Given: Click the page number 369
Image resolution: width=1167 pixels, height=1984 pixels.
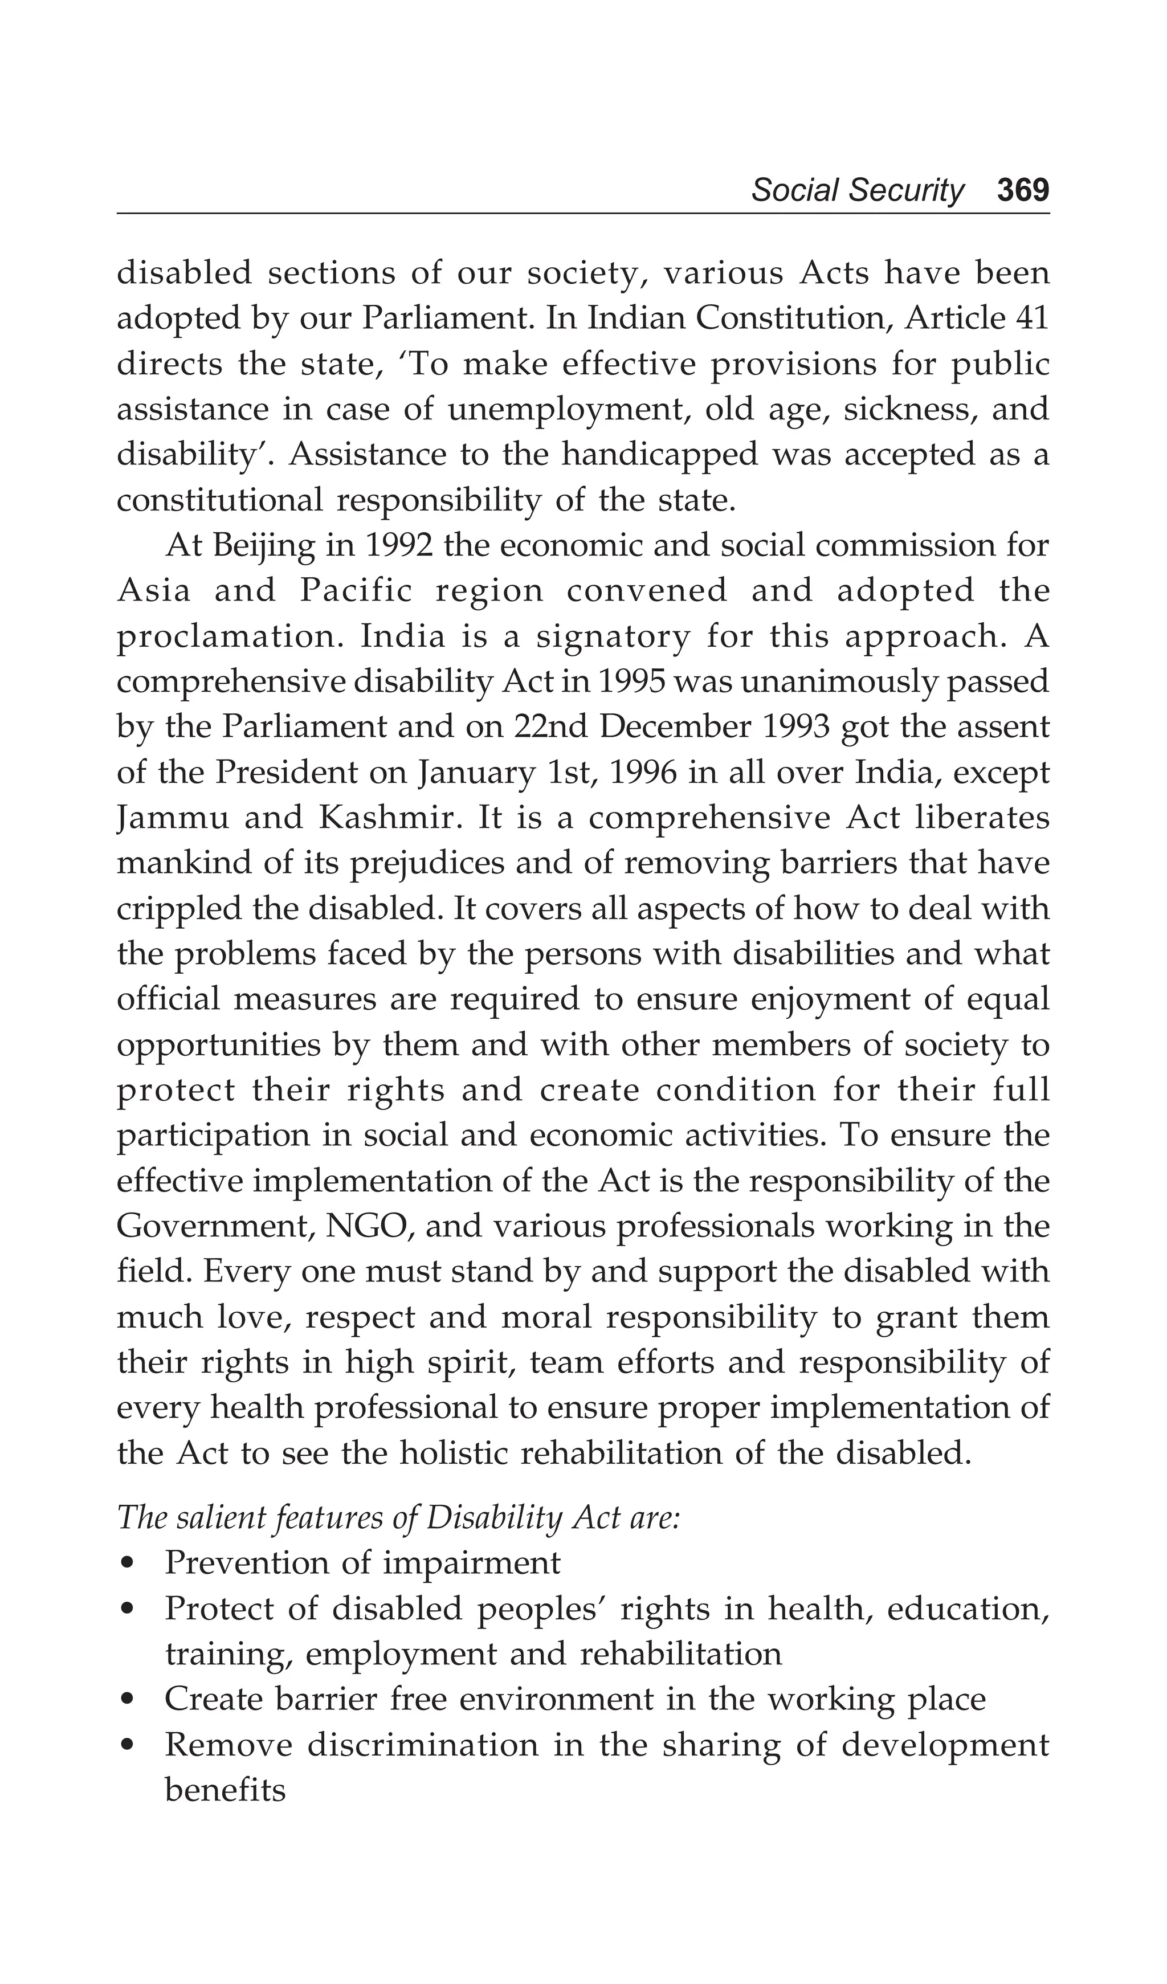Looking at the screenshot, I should (x=1022, y=190).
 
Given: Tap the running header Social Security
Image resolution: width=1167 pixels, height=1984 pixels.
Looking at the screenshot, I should (x=857, y=190).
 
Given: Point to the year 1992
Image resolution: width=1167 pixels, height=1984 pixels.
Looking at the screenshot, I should (x=399, y=546).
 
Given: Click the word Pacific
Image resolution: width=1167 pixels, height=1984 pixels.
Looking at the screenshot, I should (x=356, y=591).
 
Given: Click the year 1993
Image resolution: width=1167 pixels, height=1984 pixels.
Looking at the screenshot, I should (x=797, y=728).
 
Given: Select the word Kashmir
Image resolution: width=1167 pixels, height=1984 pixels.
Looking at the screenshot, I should (x=387, y=818).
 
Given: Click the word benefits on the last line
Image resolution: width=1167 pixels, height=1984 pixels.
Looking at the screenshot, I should (x=225, y=1790).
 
